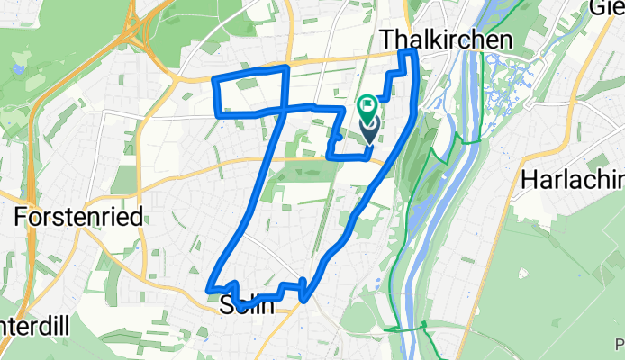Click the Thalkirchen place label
click(x=447, y=40)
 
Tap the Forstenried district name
click(x=72, y=216)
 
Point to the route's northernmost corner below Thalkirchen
click(x=407, y=56)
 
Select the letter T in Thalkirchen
click(x=388, y=40)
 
